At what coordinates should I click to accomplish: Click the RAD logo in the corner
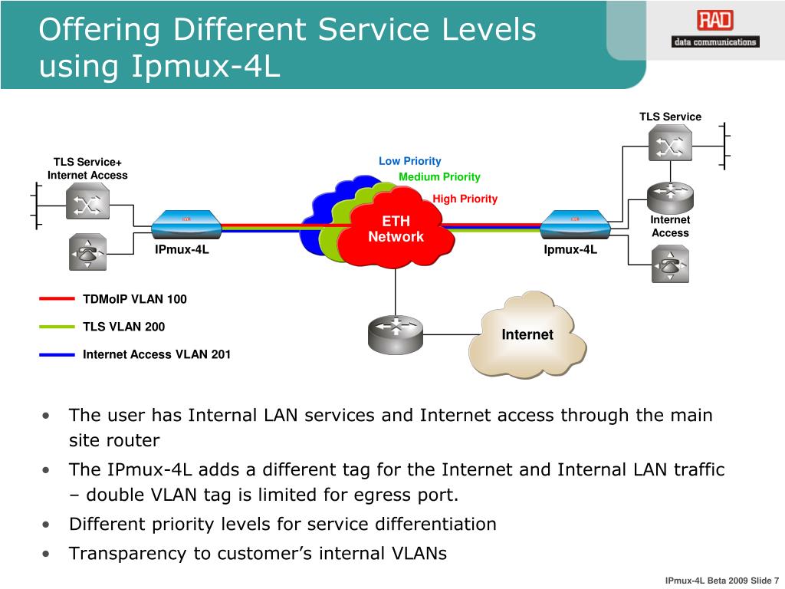pos(715,29)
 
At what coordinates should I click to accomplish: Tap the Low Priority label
pos(409,161)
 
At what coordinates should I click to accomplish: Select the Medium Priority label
pos(439,177)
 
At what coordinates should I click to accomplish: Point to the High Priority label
pos(465,199)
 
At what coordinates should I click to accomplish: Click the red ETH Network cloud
pos(396,227)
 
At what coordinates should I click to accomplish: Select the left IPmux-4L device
pos(186,225)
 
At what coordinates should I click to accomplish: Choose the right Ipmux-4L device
pos(575,225)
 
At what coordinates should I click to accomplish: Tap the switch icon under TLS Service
pos(670,143)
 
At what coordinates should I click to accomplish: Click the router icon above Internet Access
pos(670,196)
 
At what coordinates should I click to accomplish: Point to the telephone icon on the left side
pos(87,252)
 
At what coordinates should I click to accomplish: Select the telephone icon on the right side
pos(670,264)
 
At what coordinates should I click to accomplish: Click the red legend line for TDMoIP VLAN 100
pos(57,299)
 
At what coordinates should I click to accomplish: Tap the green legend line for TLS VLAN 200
pos(57,327)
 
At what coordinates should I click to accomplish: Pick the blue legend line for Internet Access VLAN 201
pos(57,354)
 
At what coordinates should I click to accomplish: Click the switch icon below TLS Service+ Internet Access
pos(87,202)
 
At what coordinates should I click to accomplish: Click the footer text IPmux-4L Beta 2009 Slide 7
pos(722,581)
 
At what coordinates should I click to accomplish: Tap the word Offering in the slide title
pos(99,29)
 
